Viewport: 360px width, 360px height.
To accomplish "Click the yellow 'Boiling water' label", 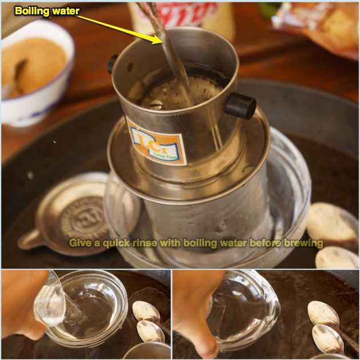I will pyautogui.click(x=47, y=10).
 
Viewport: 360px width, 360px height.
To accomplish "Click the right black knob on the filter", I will pyautogui.click(x=239, y=105).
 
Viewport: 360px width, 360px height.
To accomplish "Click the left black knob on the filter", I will pyautogui.click(x=113, y=63).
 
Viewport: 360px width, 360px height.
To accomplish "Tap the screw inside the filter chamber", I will pyautogui.click(x=155, y=104).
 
